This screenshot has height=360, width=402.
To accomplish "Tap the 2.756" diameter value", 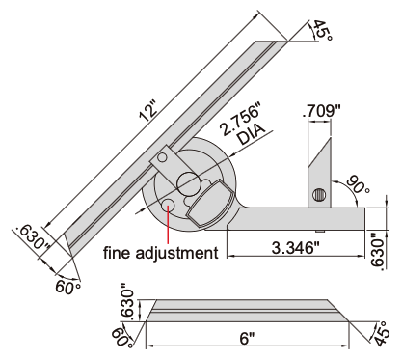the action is [x=241, y=119].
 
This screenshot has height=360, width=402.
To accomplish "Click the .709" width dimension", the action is [x=321, y=111].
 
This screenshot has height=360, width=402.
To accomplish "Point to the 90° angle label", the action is [x=359, y=184].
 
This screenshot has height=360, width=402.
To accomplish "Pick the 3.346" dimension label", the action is [x=296, y=248].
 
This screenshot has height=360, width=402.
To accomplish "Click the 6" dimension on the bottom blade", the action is [x=247, y=338].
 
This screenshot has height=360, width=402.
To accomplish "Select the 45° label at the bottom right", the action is [x=383, y=334].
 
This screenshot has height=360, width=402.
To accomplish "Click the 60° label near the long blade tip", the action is [x=67, y=287].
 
